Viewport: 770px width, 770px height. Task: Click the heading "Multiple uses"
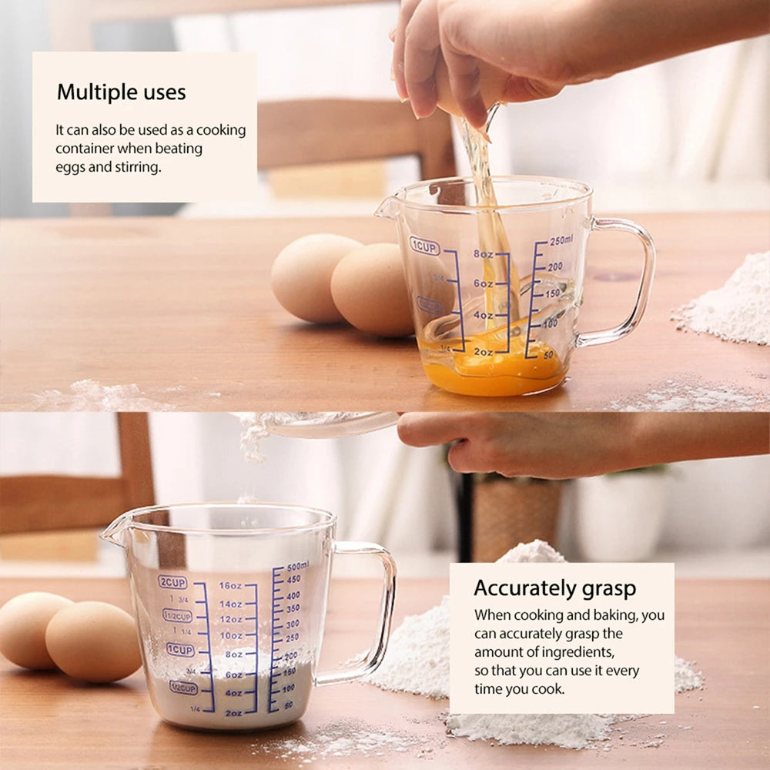121,93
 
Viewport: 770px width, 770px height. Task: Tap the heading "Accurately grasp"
554,588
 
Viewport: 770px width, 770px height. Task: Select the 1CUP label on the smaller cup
424,246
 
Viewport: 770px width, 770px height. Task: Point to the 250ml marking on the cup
560,240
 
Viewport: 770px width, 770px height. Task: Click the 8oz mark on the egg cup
483,254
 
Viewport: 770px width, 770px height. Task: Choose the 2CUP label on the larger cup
172,582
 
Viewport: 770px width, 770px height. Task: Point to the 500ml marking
298,566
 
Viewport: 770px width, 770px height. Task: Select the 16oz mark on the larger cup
231,585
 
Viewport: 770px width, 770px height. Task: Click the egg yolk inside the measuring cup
493,370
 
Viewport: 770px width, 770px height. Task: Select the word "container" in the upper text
84,149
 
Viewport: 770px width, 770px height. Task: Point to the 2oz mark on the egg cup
483,352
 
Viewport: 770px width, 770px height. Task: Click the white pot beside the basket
620,512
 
